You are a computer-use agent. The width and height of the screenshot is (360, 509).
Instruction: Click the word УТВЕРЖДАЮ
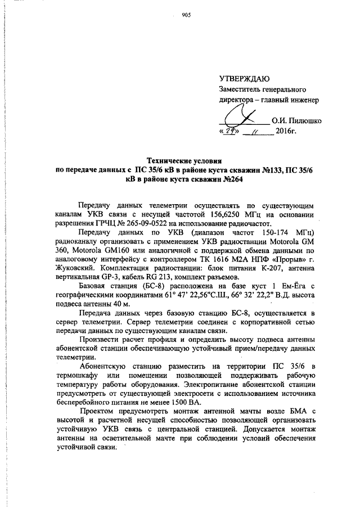pyautogui.click(x=245, y=78)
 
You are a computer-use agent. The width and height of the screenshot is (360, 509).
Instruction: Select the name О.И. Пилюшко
pyautogui.click(x=296, y=120)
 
